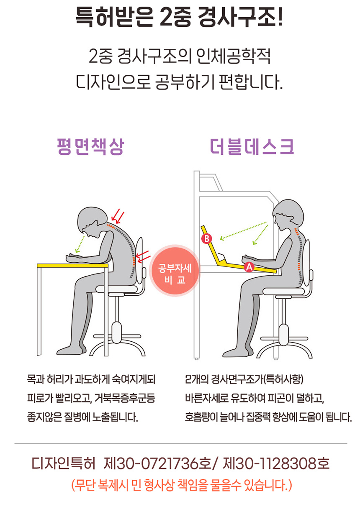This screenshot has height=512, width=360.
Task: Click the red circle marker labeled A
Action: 249,267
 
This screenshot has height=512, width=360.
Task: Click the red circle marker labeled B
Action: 206,239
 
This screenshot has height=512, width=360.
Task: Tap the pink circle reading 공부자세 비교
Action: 175,271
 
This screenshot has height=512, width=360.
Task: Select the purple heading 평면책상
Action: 90,147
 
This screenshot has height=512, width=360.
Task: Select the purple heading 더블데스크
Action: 252,147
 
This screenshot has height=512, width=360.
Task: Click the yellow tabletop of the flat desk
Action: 73,266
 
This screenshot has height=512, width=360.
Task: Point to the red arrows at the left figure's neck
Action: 118,216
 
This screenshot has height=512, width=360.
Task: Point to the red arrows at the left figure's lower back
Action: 143,256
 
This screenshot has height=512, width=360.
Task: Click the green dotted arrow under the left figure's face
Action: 80,244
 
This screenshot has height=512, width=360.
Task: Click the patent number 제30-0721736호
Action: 157,463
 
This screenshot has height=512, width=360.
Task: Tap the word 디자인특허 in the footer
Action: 63,463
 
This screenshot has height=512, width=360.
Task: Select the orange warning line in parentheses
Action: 182,485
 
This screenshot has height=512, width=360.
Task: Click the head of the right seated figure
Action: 288,215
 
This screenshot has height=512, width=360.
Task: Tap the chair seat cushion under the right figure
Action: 284,292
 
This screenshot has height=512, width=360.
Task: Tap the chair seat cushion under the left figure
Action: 117,289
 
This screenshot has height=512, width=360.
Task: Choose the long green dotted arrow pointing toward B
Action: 243,231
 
